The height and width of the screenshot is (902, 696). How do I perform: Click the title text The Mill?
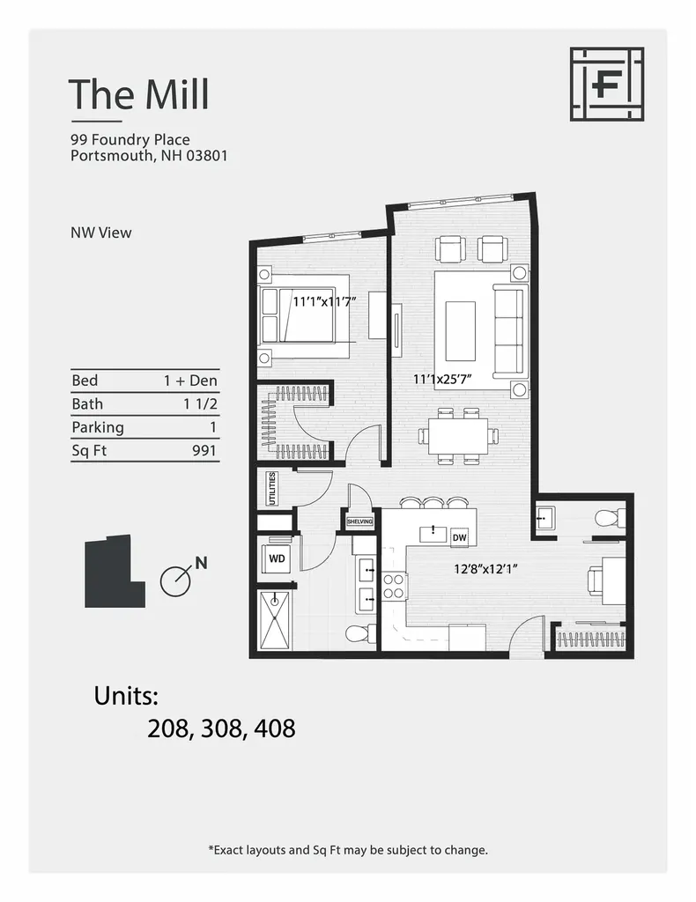point(139,94)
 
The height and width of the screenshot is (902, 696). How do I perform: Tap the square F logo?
point(606,84)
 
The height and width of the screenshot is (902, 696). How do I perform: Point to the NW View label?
point(100,233)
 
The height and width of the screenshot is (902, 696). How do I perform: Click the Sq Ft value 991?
point(204,450)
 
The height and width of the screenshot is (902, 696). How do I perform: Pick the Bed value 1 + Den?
point(190,381)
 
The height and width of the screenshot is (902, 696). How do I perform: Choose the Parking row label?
point(97,427)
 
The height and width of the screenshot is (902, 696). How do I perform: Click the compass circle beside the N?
point(174,580)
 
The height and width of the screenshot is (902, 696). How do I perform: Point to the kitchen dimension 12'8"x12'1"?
point(485,569)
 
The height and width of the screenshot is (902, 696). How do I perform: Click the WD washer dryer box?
point(277,558)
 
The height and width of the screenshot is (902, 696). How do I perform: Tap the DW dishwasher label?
point(459,537)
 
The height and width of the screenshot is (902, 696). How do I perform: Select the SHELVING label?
point(359,521)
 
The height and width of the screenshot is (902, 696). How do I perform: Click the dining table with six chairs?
point(457,433)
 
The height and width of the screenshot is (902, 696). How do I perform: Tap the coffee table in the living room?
point(460,330)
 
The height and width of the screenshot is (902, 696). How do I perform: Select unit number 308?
point(221,728)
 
